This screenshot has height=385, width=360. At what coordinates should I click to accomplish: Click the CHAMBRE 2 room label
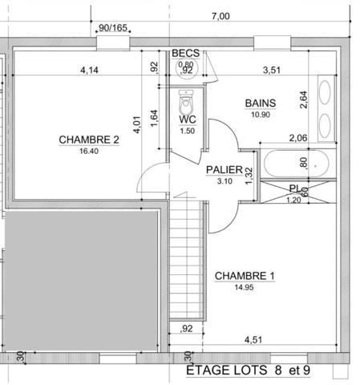[x=89, y=140]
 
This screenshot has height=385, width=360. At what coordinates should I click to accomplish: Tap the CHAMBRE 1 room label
[x=245, y=277]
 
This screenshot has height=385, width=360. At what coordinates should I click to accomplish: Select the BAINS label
[x=261, y=103]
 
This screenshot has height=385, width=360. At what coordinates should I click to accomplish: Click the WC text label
[x=188, y=120]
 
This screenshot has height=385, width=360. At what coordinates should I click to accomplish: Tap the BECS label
[x=186, y=54]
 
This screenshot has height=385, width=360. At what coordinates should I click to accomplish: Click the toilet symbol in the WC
[x=188, y=102]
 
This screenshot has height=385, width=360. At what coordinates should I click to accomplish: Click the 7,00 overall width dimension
[x=220, y=16]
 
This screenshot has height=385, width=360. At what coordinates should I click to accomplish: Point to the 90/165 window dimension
[x=113, y=27]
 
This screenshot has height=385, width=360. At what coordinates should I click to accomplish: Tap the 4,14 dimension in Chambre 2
[x=90, y=71]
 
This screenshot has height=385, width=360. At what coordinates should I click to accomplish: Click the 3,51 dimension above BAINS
[x=274, y=71]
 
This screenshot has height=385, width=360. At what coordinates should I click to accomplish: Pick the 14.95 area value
[x=245, y=286]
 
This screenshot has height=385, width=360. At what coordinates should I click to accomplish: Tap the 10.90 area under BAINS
[x=261, y=114]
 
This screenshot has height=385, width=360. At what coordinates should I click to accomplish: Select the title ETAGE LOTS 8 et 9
[x=248, y=371]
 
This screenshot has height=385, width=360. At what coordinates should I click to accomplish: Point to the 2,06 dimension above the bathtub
[x=297, y=139]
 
